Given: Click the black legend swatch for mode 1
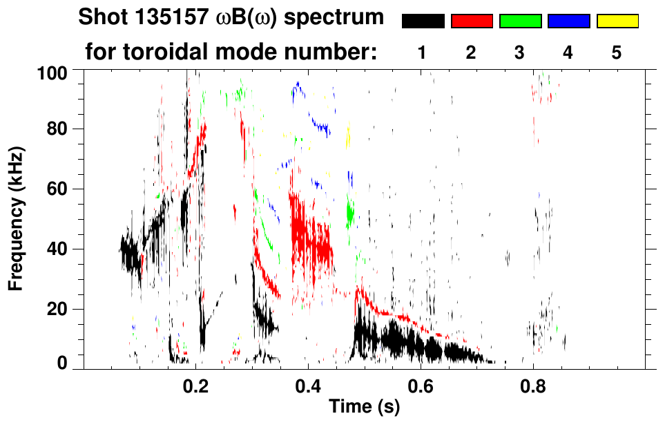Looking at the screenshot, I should tap(423, 21).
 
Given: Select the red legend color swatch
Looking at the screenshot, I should tap(472, 21).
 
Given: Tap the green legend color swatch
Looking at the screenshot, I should tap(520, 21).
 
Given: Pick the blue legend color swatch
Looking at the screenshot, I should tap(568, 21).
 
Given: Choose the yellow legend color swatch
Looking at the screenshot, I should tap(617, 21).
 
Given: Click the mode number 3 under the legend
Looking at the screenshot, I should tap(520, 54).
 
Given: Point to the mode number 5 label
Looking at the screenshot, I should tap(617, 54).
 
